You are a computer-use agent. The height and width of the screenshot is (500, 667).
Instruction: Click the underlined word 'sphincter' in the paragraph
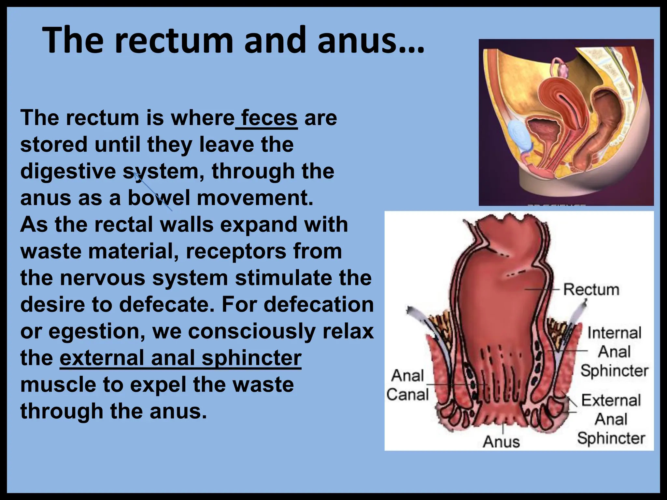(251, 358)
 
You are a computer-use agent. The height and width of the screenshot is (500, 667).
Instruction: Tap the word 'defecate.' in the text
(164, 305)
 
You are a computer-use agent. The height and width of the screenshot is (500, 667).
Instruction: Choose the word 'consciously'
(252, 331)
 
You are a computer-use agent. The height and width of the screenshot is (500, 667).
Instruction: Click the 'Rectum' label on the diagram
(591, 289)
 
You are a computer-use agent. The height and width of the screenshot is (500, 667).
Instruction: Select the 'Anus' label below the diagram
(501, 442)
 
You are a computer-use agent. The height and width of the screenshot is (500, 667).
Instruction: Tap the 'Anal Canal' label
(408, 385)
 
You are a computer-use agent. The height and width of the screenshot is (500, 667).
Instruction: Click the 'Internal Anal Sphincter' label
(614, 352)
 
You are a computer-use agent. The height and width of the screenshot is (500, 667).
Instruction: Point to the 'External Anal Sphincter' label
(611, 419)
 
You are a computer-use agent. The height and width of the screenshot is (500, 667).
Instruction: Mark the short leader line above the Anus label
(504, 428)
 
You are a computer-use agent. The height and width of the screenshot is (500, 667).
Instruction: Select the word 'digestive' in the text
(68, 171)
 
